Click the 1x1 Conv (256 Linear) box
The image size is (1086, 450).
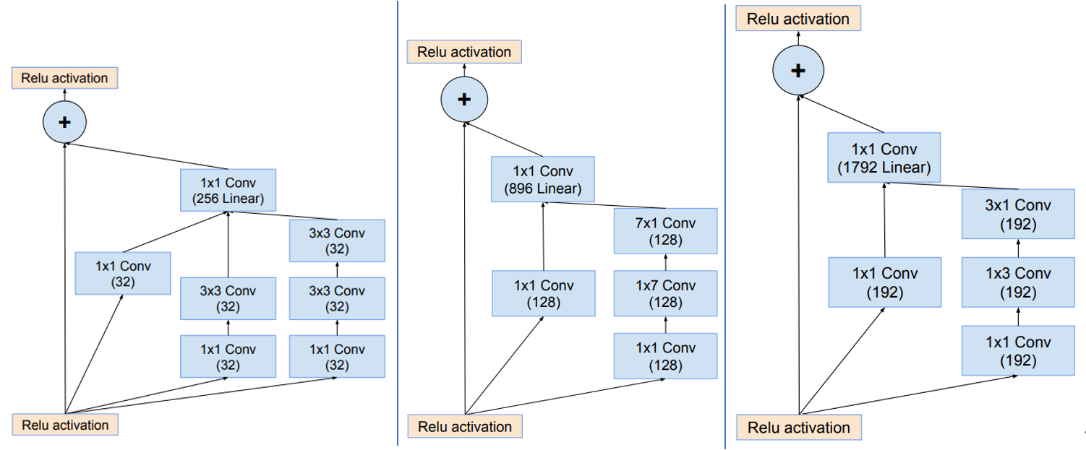point(228,190)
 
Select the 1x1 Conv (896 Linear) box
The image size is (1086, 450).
point(542,180)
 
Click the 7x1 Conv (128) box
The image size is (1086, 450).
point(665,231)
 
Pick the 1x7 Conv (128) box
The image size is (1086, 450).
point(665,293)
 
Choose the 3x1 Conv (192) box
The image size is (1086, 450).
point(1017,215)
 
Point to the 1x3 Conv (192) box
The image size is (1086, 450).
point(1017,282)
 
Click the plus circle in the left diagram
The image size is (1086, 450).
point(64,122)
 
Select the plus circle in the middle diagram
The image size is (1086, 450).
point(464,99)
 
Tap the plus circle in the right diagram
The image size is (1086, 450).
point(798,70)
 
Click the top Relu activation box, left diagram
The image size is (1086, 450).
point(64,78)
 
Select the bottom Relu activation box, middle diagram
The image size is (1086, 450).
point(464,426)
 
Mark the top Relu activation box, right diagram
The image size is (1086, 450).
point(798,19)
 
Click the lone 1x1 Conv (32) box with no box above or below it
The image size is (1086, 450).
point(123,274)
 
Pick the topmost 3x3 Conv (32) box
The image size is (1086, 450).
point(337,241)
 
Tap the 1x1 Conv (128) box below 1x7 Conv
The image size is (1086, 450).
point(665,356)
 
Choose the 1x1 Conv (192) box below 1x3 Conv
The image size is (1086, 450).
point(1017,350)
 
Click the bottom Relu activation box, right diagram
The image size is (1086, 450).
point(798,427)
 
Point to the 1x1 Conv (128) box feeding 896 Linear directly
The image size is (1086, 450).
point(542,293)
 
